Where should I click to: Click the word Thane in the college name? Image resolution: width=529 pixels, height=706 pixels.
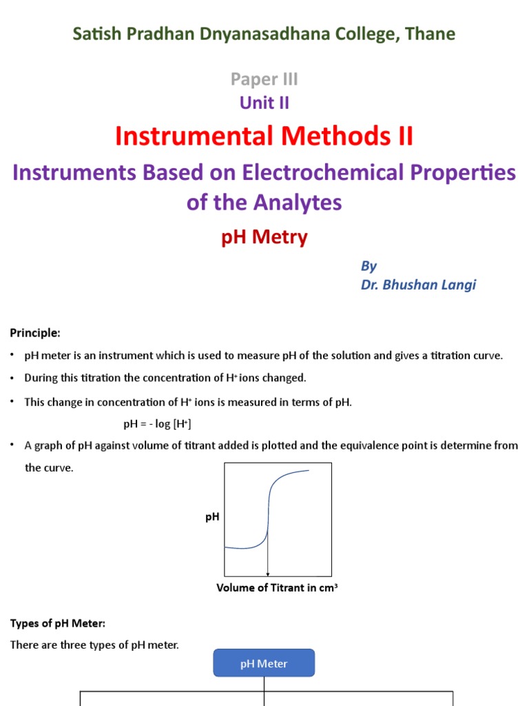point(431,34)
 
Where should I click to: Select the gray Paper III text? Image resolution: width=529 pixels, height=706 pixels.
point(264,79)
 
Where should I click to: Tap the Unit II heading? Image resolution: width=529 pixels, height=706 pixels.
point(264,103)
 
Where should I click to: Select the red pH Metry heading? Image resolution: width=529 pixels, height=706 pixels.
point(264,238)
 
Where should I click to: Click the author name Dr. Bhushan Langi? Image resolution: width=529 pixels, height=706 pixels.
point(418,285)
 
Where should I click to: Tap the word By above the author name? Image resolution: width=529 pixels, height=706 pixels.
point(369,266)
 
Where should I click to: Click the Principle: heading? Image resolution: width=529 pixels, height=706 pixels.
point(35,333)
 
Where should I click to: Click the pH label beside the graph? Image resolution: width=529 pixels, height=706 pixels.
point(212,516)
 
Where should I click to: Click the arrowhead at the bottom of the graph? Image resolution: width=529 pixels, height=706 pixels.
point(268,574)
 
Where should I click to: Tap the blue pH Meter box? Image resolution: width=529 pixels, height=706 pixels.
point(264,663)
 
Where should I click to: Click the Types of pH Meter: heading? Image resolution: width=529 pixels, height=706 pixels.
point(57,624)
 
